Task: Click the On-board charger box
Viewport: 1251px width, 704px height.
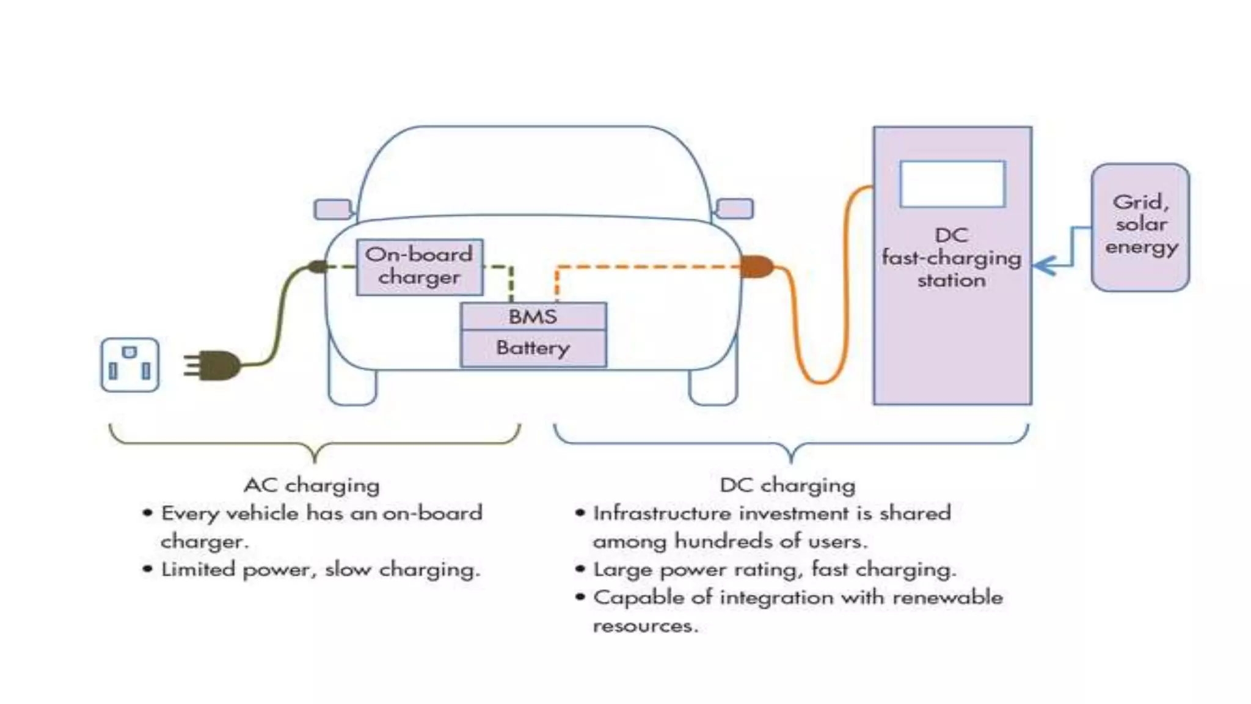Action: coord(420,266)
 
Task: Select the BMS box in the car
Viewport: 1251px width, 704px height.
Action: coord(533,317)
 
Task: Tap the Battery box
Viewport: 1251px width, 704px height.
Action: coord(533,348)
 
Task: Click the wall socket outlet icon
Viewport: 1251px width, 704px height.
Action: coord(129,365)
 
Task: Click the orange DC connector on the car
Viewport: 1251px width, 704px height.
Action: coord(756,266)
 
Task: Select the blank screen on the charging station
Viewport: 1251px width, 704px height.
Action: coord(952,183)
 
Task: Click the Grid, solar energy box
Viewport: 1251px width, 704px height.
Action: coord(1140,227)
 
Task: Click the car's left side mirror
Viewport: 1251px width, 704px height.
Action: coord(332,209)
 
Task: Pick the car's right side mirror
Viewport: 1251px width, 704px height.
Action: coord(735,208)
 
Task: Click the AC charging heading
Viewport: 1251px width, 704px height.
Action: coord(312,485)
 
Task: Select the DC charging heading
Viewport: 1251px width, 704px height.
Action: coord(787,485)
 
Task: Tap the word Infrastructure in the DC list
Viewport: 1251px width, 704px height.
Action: coord(662,513)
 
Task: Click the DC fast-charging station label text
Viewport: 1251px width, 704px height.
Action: coord(952,258)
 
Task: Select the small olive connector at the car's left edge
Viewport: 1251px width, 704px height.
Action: coord(318,266)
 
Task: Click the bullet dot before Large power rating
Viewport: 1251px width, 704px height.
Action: coord(580,570)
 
